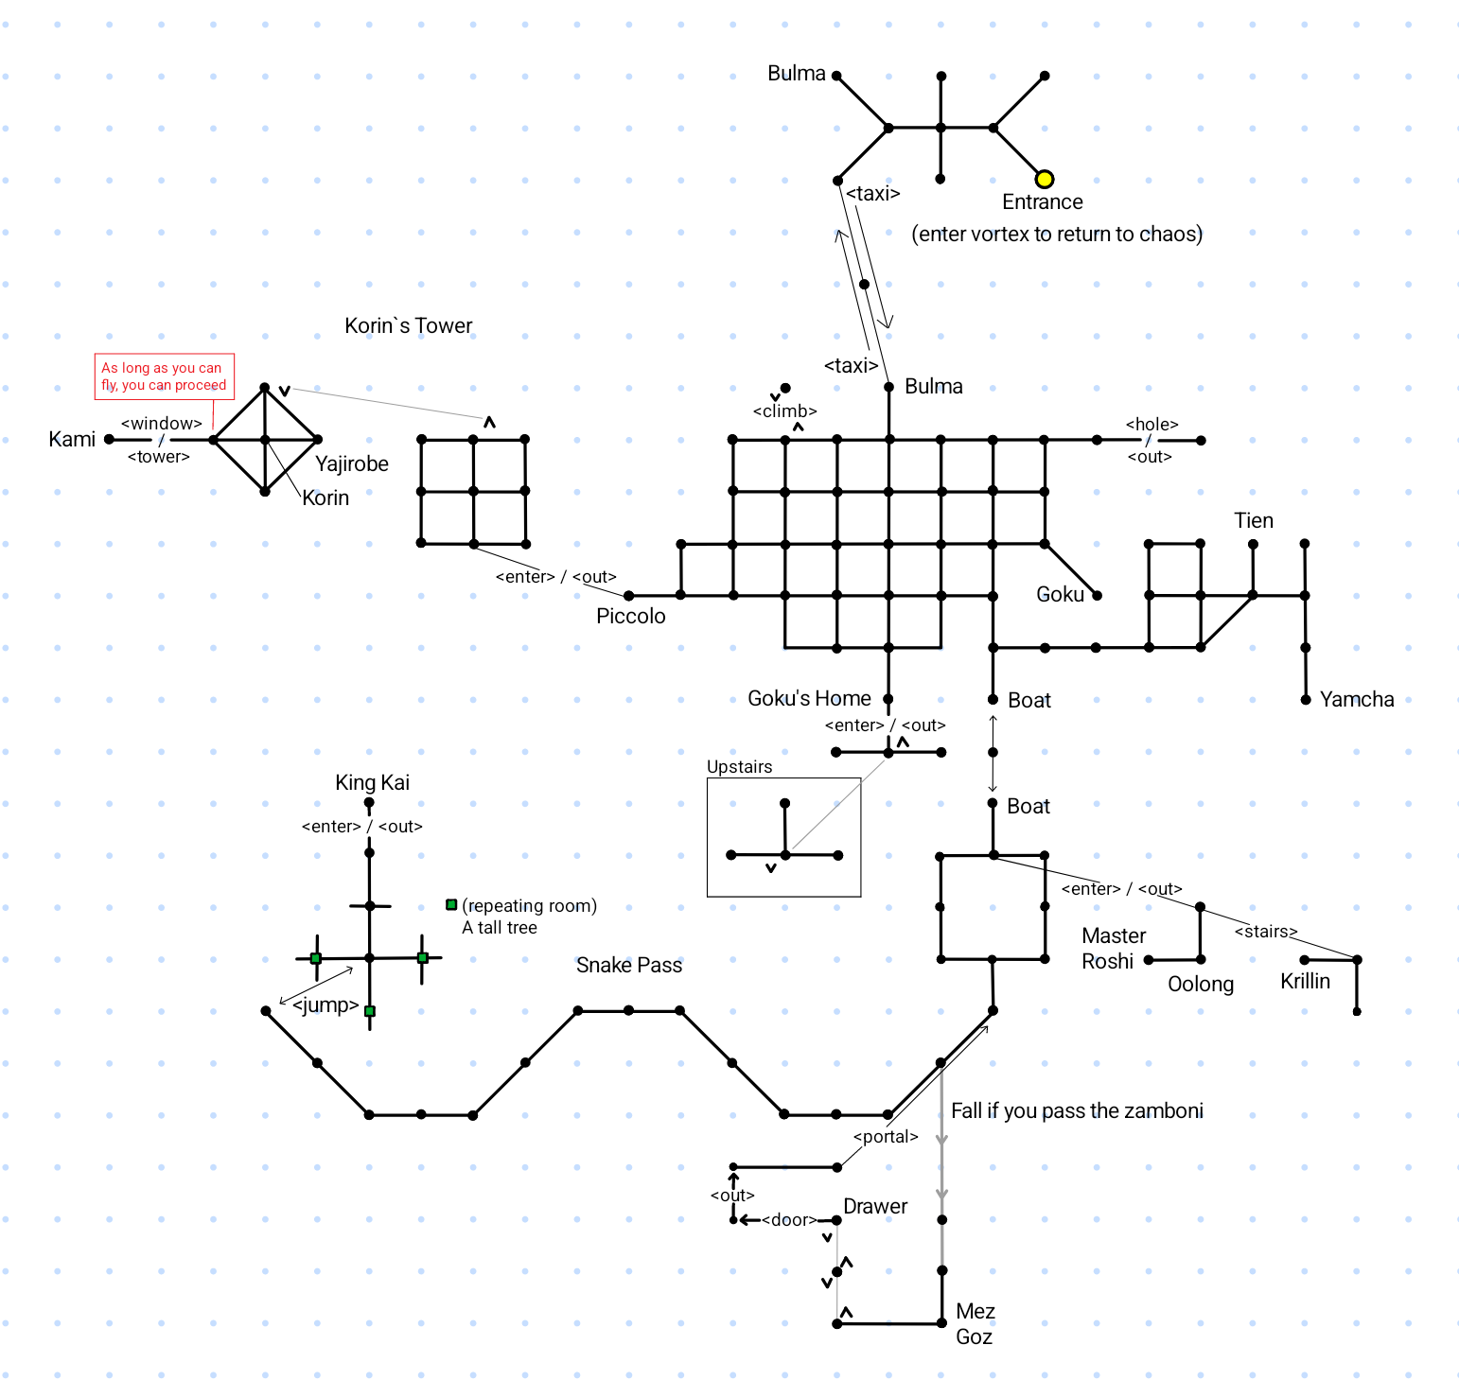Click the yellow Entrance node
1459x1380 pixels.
(x=1044, y=179)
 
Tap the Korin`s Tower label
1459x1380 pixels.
(x=408, y=325)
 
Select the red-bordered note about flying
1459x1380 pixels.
(x=164, y=376)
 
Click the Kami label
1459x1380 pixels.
(x=72, y=439)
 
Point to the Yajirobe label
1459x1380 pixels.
(x=352, y=463)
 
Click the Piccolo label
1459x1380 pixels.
(x=630, y=616)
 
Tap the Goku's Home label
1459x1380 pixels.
(x=809, y=698)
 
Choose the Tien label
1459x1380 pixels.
(x=1254, y=520)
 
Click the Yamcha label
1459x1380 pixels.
(x=1357, y=699)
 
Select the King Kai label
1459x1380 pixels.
(x=372, y=782)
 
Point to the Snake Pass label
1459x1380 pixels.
(x=629, y=965)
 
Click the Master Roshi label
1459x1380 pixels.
(x=1113, y=948)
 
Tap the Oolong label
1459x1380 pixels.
(x=1201, y=984)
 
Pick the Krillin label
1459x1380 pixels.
(x=1305, y=981)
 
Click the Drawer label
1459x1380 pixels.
(x=875, y=1206)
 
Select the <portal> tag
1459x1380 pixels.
(x=886, y=1136)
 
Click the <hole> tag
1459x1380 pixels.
(x=1151, y=424)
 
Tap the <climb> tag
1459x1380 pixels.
(x=784, y=411)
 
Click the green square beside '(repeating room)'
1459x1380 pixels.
(x=451, y=905)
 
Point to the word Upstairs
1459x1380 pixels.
(x=739, y=766)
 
